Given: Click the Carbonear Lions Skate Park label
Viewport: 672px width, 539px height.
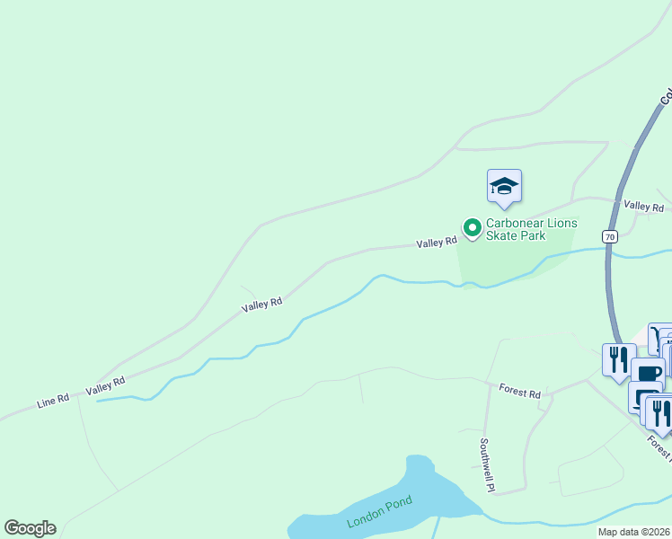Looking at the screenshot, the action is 531,230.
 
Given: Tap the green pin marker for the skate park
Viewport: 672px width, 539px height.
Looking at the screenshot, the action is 471,228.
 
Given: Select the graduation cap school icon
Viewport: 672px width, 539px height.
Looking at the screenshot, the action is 504,186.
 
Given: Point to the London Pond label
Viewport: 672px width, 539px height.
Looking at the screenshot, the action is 379,512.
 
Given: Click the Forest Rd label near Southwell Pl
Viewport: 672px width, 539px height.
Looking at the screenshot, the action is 519,393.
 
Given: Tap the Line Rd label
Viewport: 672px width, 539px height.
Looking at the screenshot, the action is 53,400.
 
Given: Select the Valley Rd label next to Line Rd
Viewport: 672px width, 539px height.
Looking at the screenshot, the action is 104,386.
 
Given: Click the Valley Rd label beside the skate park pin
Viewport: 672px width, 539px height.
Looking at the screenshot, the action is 437,243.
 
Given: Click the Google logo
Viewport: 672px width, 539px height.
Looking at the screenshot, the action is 30,528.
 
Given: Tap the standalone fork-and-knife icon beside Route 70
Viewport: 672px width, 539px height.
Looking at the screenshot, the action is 618,358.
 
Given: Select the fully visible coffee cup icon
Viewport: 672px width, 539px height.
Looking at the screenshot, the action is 647,373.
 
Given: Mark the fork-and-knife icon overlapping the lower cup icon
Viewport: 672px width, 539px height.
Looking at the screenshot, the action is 660,411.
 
